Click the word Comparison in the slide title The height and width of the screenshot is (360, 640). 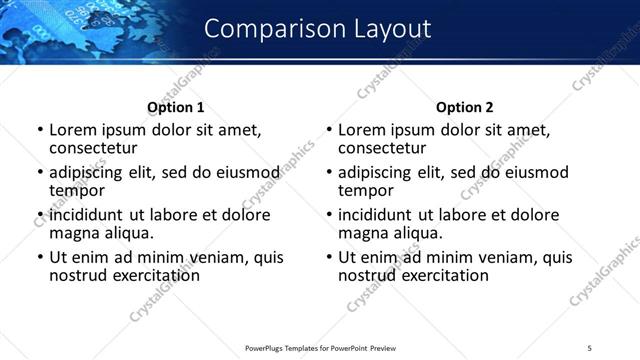[x=264, y=29]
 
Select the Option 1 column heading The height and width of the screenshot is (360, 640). [x=176, y=107]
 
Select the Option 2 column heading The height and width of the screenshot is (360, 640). [x=465, y=107]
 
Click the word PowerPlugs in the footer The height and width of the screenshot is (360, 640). [x=265, y=347]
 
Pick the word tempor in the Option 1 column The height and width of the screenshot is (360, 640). [x=77, y=189]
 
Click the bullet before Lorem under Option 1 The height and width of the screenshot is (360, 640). [x=39, y=130]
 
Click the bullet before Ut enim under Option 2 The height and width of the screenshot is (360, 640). [x=329, y=257]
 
